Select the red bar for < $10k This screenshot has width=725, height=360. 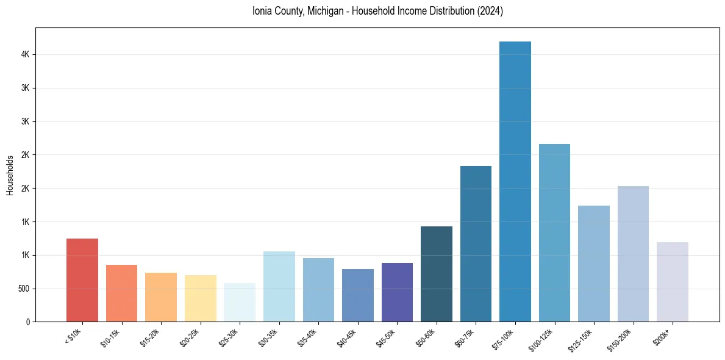point(82,280)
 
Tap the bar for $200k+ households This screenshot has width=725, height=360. point(672,282)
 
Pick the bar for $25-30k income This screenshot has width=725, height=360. point(240,302)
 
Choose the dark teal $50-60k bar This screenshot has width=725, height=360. point(436,274)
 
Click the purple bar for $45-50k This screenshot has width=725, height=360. point(397,292)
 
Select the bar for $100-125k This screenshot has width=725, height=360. point(554,232)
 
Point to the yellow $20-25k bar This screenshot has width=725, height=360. point(200,298)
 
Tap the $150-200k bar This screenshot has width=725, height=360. point(633,254)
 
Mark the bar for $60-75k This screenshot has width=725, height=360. point(476,243)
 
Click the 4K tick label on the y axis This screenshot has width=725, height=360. point(26,54)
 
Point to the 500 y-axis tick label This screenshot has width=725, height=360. point(24,289)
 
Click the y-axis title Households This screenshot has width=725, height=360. point(10,175)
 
